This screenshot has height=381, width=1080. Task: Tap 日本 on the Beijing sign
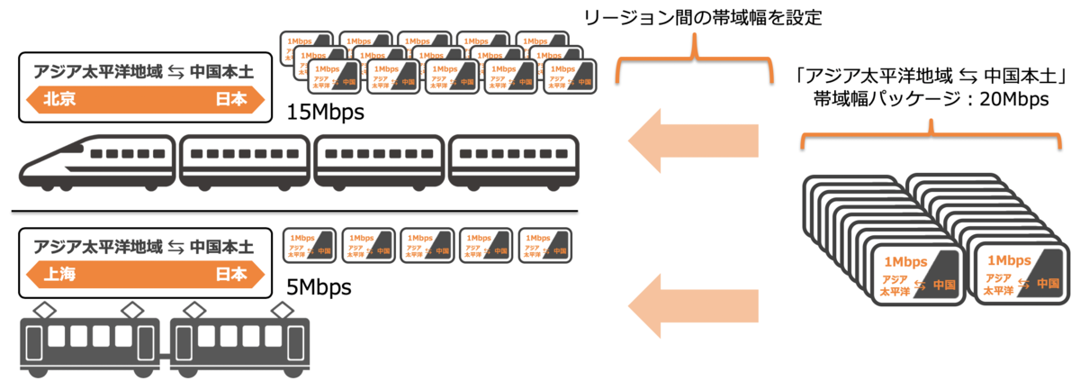point(230,100)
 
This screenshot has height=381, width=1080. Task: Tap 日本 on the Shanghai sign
point(230,276)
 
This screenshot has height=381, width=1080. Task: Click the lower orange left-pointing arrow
point(692,304)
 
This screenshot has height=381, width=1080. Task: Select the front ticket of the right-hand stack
point(1017,273)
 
